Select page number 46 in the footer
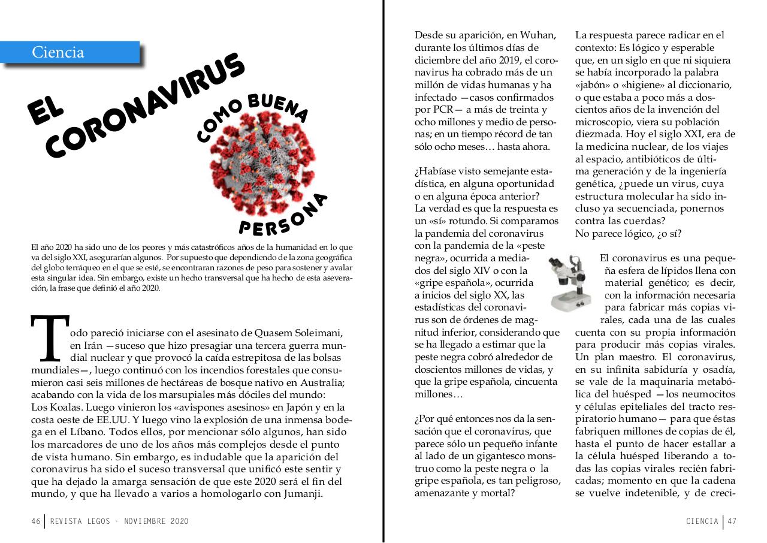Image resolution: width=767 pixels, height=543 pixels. coord(35,521)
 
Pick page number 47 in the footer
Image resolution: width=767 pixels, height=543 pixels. coord(732,521)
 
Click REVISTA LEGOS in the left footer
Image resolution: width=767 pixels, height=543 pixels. coord(80,521)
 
